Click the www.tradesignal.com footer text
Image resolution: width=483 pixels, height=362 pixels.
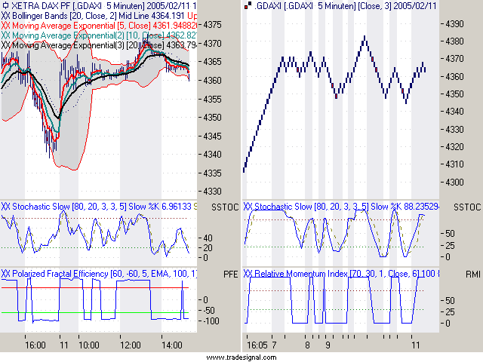coord(241,357)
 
